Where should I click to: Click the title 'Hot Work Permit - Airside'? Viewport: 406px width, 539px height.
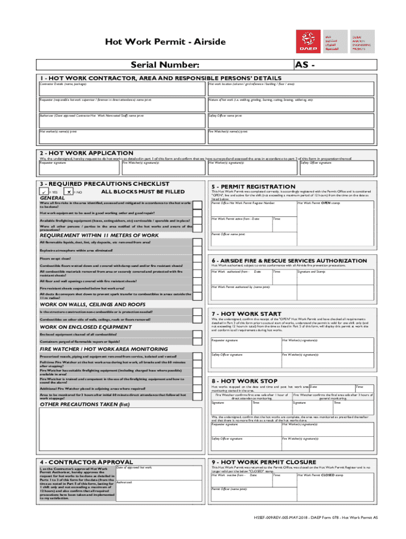166,42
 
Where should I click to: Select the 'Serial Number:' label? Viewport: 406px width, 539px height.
165,65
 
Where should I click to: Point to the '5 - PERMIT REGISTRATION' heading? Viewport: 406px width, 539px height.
253,187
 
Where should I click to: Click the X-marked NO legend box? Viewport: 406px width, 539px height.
67,192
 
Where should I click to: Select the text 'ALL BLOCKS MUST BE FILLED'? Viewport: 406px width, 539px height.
143,192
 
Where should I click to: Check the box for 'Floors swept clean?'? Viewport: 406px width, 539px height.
197,259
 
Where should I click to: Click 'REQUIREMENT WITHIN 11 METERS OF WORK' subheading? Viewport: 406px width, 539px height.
99,235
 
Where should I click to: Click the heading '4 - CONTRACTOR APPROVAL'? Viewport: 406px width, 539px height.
83,462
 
